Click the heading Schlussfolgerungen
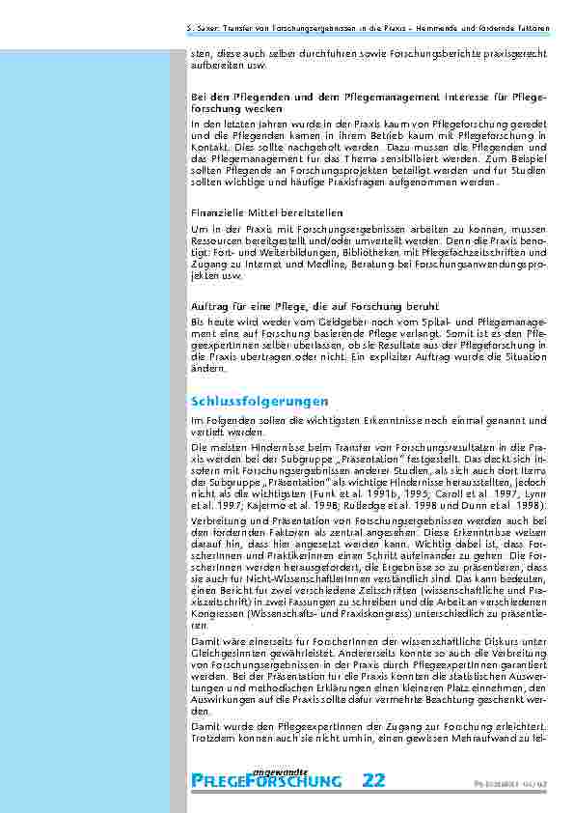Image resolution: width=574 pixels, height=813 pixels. [x=260, y=400]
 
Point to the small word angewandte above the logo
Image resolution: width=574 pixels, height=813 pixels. [x=280, y=771]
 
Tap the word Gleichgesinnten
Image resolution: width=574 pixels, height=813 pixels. [x=227, y=655]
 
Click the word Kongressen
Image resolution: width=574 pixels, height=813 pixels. [x=220, y=613]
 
